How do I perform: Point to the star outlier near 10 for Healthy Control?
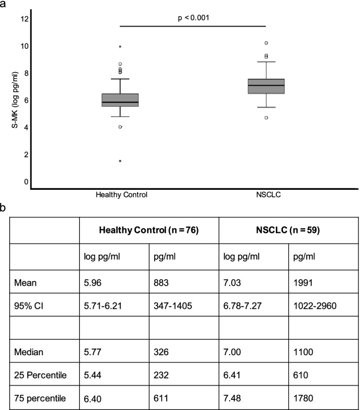click(x=120, y=47)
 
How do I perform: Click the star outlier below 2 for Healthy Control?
click(x=120, y=161)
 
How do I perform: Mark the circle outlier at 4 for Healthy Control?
click(x=120, y=127)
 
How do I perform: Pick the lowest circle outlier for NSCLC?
click(x=266, y=118)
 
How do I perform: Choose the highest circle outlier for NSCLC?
click(x=266, y=43)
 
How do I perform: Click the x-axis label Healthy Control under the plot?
click(x=120, y=194)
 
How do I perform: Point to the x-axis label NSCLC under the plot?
click(x=266, y=194)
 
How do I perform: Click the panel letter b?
click(x=4, y=208)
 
